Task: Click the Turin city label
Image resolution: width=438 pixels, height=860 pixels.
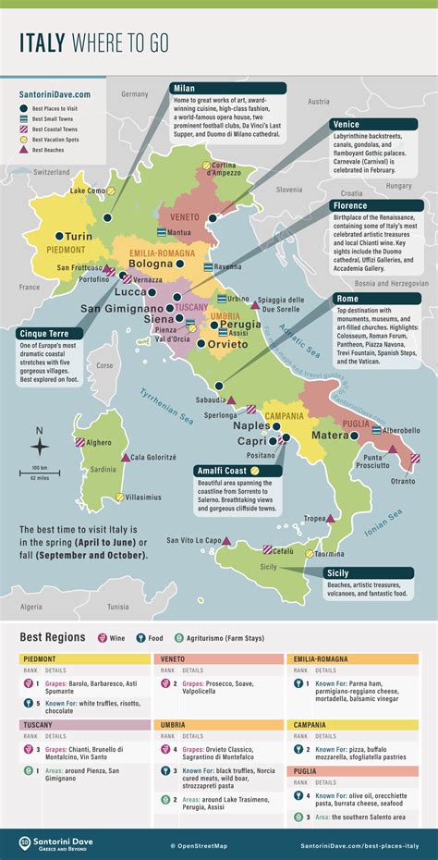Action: pos(79,237)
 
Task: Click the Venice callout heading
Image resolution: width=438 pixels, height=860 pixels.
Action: pos(348,124)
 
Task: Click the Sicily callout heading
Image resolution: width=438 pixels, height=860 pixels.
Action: pos(341,573)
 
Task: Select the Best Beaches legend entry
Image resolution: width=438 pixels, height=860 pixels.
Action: pos(48,149)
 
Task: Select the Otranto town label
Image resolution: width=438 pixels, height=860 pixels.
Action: pos(400,481)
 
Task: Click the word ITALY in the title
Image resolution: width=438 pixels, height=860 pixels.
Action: pos(51,41)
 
